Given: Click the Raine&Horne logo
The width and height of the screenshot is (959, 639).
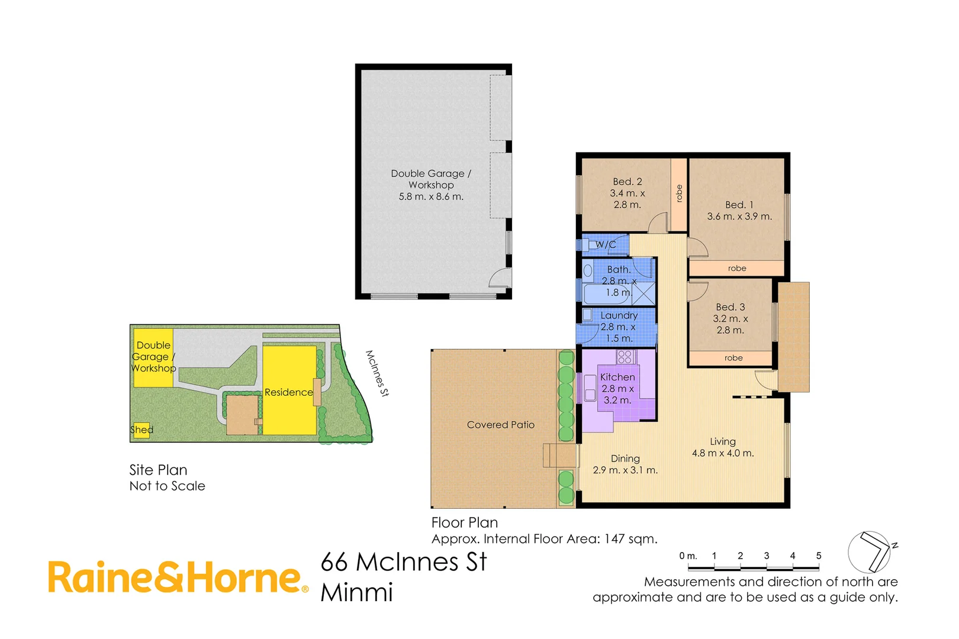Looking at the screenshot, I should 178,577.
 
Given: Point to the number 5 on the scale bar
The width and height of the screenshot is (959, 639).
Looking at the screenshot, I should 819,556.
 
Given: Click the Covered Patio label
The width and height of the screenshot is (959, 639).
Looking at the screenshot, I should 500,425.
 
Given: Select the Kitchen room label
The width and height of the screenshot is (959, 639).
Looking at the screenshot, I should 617,377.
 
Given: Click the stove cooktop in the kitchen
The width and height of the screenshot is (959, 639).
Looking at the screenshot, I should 625,356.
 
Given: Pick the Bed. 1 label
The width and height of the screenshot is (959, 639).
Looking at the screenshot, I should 739,205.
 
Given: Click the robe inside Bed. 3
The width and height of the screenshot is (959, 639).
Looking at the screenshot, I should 733,358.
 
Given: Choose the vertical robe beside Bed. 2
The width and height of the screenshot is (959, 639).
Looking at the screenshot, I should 679,193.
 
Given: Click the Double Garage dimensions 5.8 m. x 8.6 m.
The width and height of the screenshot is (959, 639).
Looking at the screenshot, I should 431,196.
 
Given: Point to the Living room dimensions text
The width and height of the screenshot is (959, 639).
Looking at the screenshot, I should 723,453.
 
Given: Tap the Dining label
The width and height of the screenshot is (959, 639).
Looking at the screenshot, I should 625,459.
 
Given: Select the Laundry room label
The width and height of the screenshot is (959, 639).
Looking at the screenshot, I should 619,315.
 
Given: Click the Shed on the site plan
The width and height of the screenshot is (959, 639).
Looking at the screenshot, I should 141,430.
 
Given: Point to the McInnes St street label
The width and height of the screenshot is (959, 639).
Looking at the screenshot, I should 377,373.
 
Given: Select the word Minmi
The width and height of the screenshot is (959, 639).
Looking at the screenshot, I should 357,592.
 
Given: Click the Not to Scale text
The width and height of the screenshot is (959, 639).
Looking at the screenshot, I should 168,486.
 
